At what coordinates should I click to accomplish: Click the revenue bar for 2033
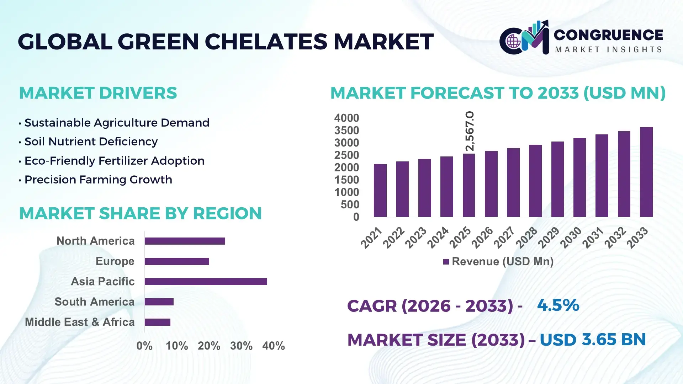646,172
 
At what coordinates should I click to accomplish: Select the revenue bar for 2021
380,191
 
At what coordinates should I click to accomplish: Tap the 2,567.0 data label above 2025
470,131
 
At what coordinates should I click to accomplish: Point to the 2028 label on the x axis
527,238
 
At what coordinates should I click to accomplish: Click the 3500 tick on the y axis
346,130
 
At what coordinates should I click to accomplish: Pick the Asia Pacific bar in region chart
206,282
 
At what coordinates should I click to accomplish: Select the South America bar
159,302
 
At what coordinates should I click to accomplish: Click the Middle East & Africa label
80,322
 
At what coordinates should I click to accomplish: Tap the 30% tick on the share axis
241,346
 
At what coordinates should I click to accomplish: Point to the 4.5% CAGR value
558,305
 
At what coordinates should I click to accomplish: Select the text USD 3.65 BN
592,340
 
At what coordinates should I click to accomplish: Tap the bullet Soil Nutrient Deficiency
91,142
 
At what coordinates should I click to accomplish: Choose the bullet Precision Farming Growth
98,180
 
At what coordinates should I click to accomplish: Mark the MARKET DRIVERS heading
98,93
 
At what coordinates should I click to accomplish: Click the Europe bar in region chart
177,261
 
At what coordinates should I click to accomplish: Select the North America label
95,241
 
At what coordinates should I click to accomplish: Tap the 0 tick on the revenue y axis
356,217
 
